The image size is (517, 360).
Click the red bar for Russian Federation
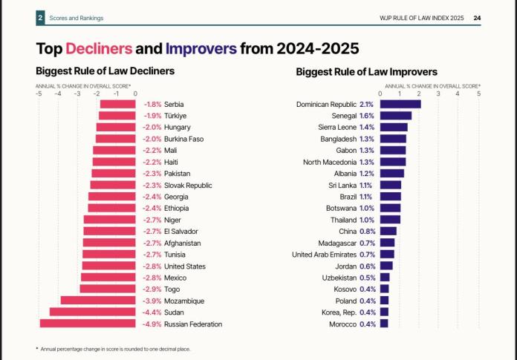coord(87,324)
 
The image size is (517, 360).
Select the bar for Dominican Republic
coord(400,104)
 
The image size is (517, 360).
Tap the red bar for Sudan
coord(92,312)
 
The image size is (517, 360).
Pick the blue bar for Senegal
coord(395,116)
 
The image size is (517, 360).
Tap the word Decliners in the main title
coord(99,49)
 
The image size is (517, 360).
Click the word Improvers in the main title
coord(201,49)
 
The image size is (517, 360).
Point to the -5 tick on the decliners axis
coord(39,94)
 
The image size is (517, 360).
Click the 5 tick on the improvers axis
coord(478,94)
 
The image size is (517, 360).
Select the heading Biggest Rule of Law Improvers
coord(366,72)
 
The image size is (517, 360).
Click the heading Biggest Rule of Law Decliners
coord(105,72)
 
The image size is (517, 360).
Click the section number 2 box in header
coord(40,18)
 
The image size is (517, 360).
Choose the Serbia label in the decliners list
coord(174,104)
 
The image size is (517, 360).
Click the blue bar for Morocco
coord(384,324)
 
